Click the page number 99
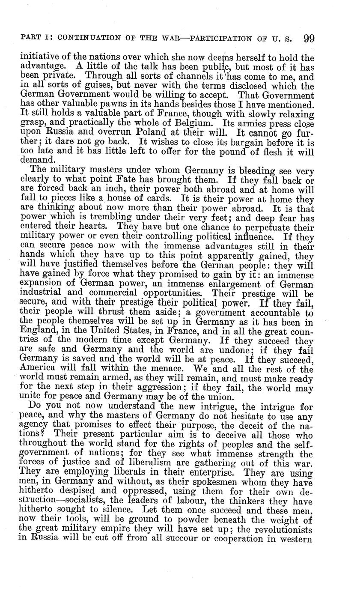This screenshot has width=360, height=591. [x=309, y=39]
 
